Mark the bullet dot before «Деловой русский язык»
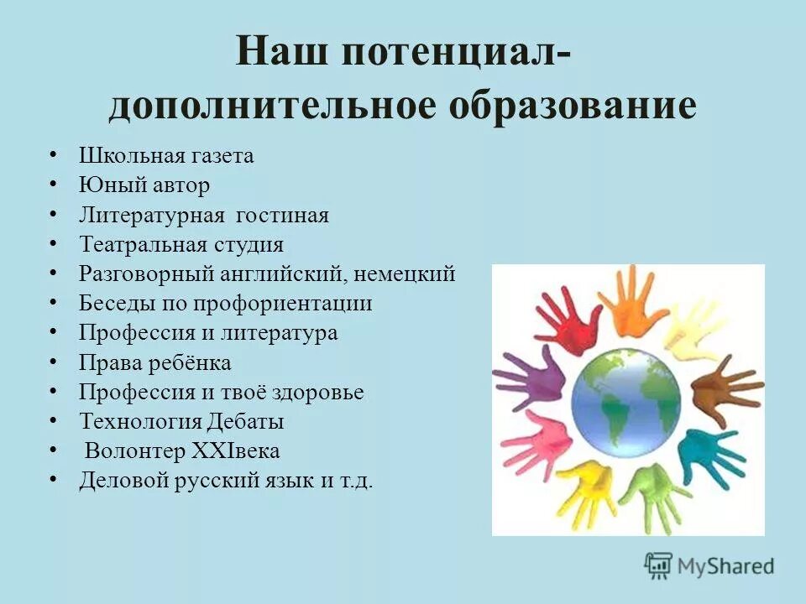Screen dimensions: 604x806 pyautogui.click(x=54, y=479)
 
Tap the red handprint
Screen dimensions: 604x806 pyautogui.click(x=569, y=319)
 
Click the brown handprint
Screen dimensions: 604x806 pyautogui.click(x=723, y=388)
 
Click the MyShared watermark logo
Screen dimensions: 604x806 pyautogui.click(x=709, y=565)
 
